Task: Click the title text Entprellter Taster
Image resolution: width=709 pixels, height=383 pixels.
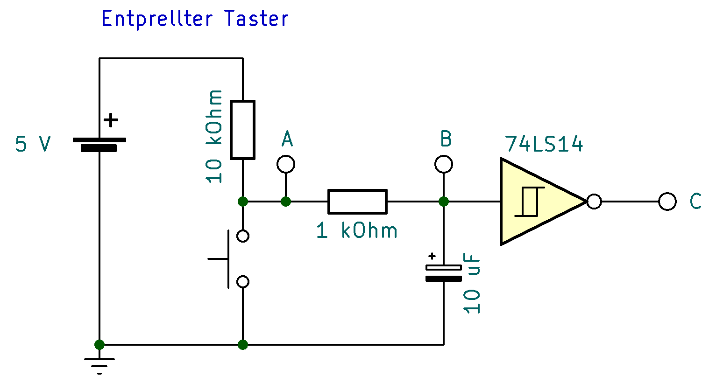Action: tap(195, 19)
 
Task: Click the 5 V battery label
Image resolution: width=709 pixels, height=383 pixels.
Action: tap(32, 144)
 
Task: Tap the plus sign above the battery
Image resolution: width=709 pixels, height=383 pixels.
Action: tap(111, 120)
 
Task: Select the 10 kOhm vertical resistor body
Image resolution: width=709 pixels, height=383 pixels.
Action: tap(243, 130)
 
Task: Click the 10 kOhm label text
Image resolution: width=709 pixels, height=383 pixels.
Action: tap(214, 136)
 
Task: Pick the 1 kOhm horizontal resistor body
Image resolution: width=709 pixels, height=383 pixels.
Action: tap(357, 202)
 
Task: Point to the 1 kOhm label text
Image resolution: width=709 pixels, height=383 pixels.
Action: tap(356, 230)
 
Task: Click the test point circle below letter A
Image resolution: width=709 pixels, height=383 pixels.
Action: tap(286, 164)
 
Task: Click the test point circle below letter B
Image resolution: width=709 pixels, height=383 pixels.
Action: tap(444, 164)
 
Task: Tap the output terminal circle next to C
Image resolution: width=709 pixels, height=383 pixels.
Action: tap(667, 202)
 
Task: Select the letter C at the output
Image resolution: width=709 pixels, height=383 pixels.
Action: tap(695, 202)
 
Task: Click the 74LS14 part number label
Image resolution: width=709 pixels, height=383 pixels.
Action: tap(544, 144)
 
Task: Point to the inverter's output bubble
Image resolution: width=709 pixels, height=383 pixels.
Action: tap(594, 202)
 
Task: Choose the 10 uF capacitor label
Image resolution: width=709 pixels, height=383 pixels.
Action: tap(472, 283)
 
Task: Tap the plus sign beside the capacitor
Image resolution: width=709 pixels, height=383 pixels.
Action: tap(432, 256)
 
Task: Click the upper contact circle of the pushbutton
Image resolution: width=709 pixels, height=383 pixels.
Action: tap(243, 236)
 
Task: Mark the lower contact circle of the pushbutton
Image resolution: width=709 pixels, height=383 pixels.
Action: tap(243, 282)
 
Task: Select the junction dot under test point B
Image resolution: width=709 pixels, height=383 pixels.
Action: tap(444, 202)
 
